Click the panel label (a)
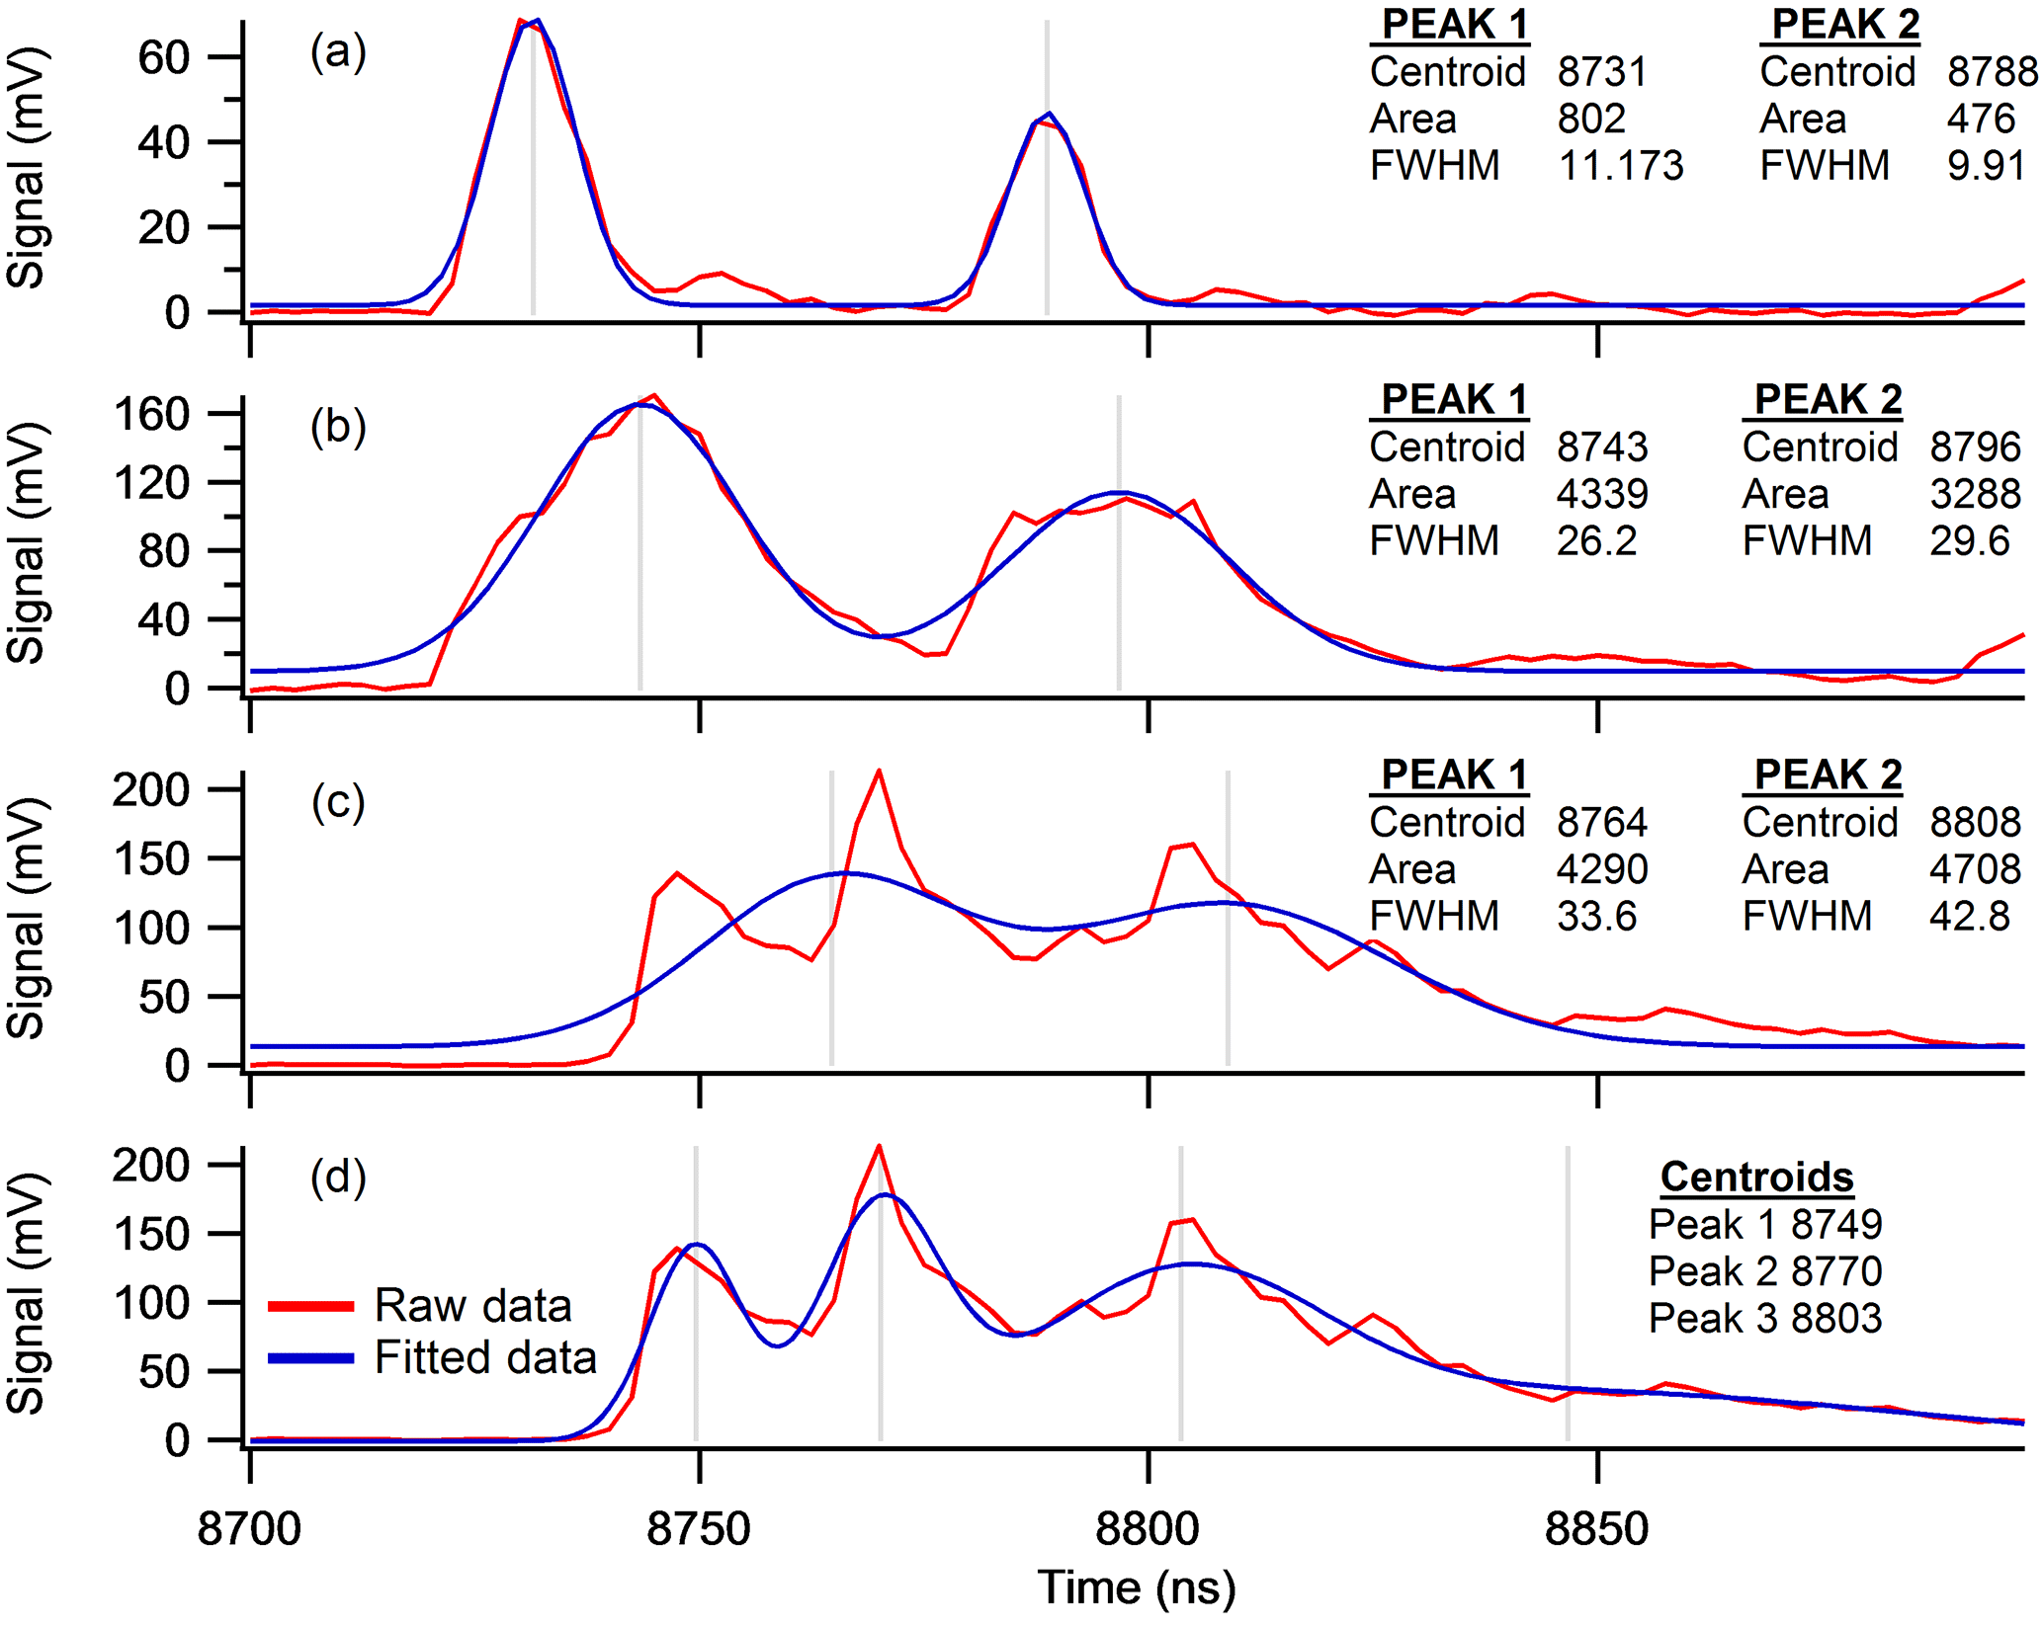[x=338, y=51]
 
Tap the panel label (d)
[x=338, y=1178]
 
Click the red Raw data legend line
[x=310, y=1306]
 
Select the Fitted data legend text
[x=485, y=1357]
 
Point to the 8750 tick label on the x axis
[x=699, y=1529]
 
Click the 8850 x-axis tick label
[x=1596, y=1529]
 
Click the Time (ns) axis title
[x=1137, y=1588]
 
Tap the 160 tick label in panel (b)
[x=150, y=415]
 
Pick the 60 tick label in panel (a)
[x=163, y=58]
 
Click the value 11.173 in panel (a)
[x=1621, y=165]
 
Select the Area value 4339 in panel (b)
[x=1602, y=494]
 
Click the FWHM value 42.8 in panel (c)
[x=1969, y=917]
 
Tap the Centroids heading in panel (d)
[x=1756, y=1178]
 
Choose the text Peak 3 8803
[x=1765, y=1319]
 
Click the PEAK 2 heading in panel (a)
[x=1844, y=25]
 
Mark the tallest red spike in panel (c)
[x=879, y=772]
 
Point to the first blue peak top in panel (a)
[x=537, y=20]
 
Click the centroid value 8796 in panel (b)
[x=1975, y=447]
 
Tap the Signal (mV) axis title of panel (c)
[x=27, y=919]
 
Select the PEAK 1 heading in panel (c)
[x=1453, y=775]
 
